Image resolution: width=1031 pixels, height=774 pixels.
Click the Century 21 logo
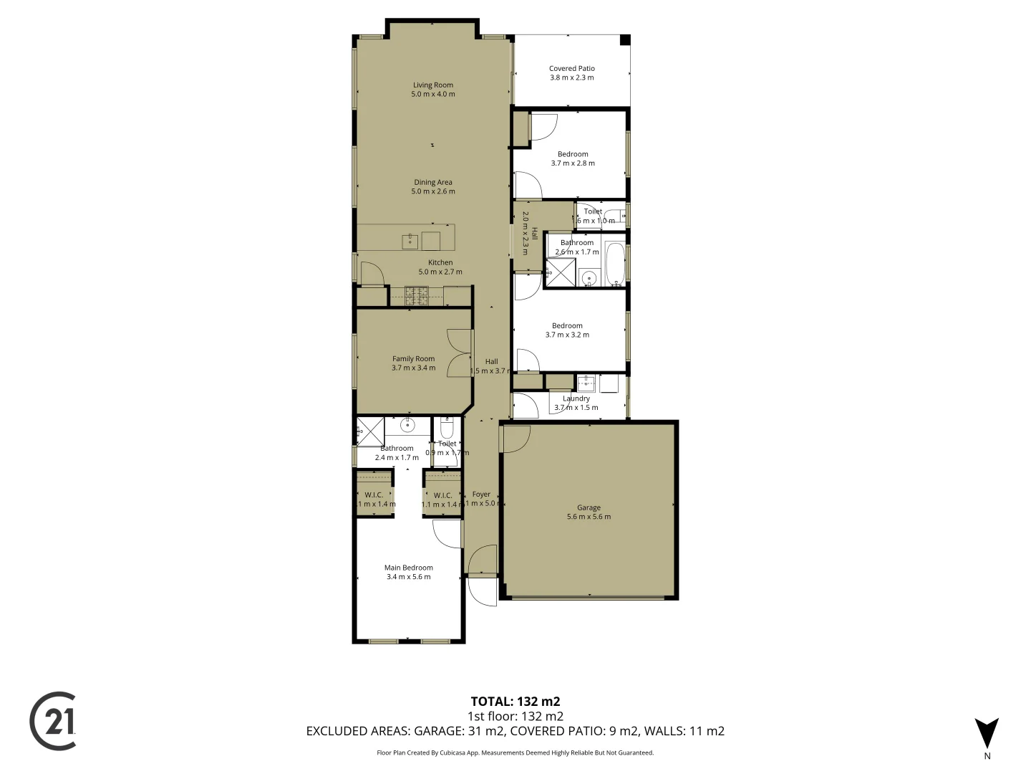click(x=53, y=721)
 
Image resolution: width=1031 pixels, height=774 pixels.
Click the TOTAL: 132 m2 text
click(x=515, y=702)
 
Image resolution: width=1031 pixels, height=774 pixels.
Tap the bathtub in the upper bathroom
click(x=615, y=263)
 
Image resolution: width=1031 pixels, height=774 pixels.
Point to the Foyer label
click(x=481, y=494)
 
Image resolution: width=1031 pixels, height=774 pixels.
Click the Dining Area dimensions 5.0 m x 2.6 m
click(x=432, y=191)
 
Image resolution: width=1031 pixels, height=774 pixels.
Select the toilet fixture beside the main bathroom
click(x=447, y=429)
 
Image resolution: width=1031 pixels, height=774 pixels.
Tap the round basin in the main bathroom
click(x=407, y=426)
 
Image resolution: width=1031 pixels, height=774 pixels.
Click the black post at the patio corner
click(x=624, y=40)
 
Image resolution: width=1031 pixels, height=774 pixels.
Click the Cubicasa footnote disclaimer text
click(x=515, y=752)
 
